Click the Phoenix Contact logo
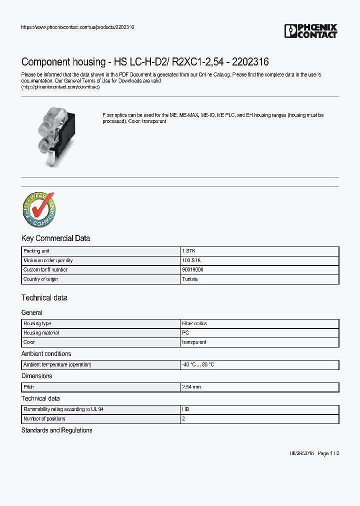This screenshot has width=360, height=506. tap(311, 31)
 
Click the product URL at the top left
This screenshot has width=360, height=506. tap(77, 27)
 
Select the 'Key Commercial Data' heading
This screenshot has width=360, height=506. tap(55, 238)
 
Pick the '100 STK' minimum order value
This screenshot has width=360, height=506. tap(191, 260)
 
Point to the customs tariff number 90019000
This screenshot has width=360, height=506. tap(193, 270)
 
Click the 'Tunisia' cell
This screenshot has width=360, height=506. tap(190, 279)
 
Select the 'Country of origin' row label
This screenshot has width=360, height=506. tap(40, 279)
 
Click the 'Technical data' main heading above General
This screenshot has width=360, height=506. tap(44, 298)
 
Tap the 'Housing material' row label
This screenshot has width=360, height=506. tap(41, 333)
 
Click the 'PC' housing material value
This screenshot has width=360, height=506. tap(185, 333)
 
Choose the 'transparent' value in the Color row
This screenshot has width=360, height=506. tap(194, 342)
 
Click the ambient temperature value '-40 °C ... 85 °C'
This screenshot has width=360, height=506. tap(198, 365)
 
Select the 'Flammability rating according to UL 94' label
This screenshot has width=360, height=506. tap(63, 409)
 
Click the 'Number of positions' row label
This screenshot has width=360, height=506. tap(44, 419)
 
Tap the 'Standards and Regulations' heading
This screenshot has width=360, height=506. tap(56, 430)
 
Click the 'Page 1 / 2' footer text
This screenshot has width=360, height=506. tap(328, 453)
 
